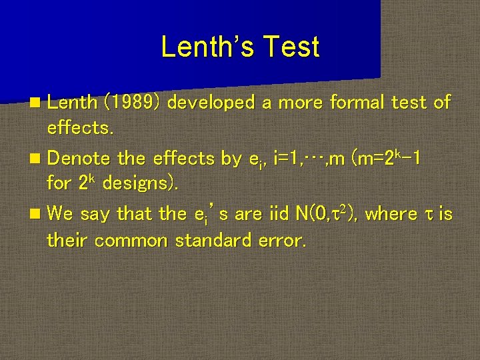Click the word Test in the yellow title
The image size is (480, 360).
click(x=291, y=47)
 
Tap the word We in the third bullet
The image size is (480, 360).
click(x=60, y=214)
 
